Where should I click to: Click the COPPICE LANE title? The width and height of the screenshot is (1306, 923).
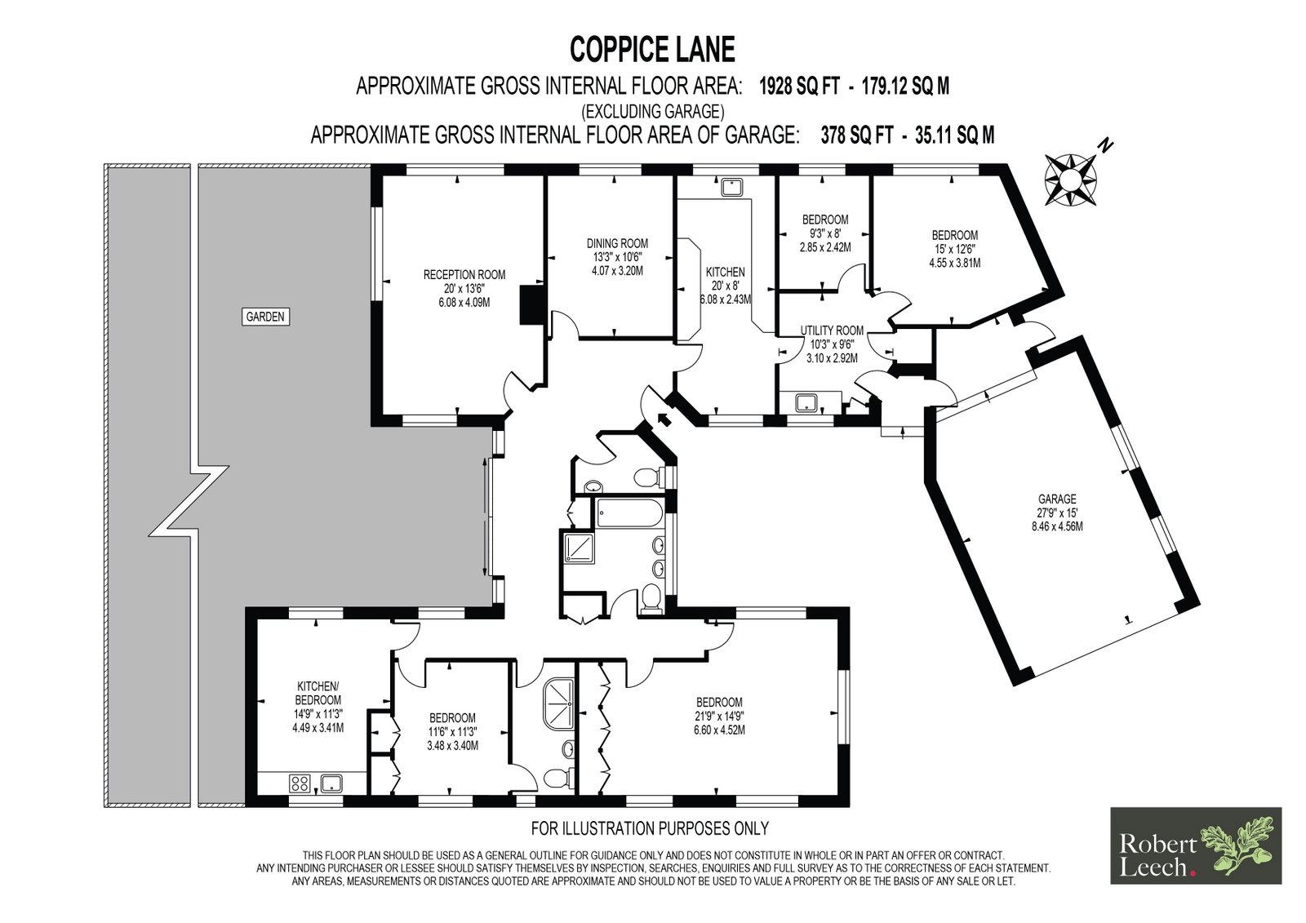click(652, 49)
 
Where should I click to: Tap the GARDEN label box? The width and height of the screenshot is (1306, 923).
click(265, 317)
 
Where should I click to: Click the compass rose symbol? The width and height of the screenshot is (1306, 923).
click(1070, 179)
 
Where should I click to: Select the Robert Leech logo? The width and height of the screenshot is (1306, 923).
click(1196, 845)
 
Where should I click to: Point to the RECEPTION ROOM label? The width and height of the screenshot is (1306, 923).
click(464, 275)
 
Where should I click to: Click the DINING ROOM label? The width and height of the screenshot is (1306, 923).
click(617, 243)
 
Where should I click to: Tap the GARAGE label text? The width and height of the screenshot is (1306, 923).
click(1057, 499)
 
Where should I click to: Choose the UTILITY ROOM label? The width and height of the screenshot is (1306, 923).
click(832, 330)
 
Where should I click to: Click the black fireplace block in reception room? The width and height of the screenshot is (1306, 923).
click(532, 304)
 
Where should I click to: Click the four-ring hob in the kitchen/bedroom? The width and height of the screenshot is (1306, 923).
click(300, 783)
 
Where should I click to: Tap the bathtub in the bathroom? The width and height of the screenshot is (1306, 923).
click(629, 513)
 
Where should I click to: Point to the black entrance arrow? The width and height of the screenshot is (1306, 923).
click(663, 419)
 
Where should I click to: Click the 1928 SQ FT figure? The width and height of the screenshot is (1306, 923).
click(799, 87)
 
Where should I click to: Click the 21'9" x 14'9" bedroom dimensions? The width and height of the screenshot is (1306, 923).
click(719, 716)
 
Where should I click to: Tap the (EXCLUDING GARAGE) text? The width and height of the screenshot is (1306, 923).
click(652, 111)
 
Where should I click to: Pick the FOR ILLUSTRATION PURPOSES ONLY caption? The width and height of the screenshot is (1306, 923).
click(650, 828)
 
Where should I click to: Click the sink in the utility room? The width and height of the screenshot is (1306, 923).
click(807, 402)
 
